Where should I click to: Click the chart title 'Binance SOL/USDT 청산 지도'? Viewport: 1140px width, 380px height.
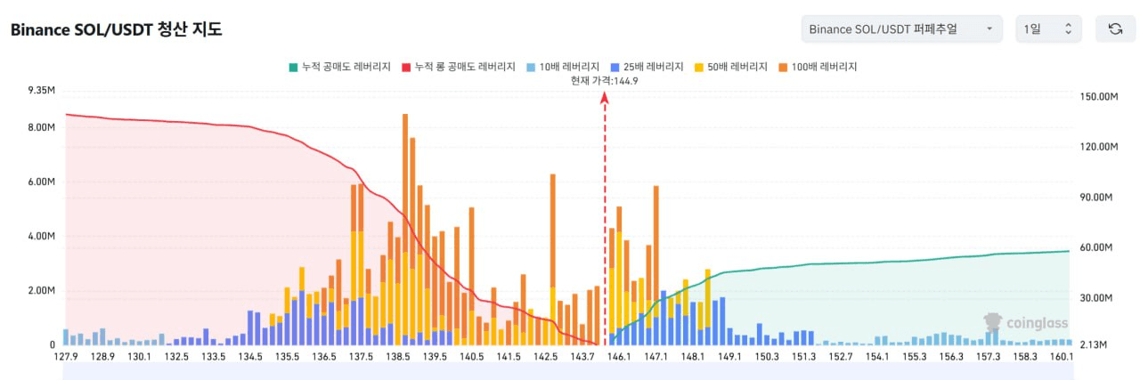pyautogui.click(x=116, y=29)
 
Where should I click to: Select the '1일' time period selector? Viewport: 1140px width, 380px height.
pyautogui.click(x=1048, y=29)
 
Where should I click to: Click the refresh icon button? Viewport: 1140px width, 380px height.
pyautogui.click(x=1115, y=29)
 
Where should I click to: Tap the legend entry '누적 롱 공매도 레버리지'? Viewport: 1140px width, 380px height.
pyautogui.click(x=459, y=67)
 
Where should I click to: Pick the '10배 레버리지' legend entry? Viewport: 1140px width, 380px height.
pyautogui.click(x=562, y=67)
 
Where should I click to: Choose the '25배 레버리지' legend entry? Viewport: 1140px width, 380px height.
pyautogui.click(x=647, y=67)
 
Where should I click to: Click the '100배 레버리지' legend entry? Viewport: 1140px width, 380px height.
pyautogui.click(x=818, y=67)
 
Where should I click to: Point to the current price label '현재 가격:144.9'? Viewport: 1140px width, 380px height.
pyautogui.click(x=604, y=80)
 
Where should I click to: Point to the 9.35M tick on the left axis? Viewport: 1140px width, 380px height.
pyautogui.click(x=42, y=91)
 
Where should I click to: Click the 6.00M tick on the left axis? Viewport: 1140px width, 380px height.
pyautogui.click(x=42, y=182)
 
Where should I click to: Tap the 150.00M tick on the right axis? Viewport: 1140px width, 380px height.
pyautogui.click(x=1097, y=97)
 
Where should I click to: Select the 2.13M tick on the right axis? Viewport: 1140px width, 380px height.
pyautogui.click(x=1094, y=344)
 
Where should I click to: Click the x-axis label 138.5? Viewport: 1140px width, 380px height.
pyautogui.click(x=398, y=357)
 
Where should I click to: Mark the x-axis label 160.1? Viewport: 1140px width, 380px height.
pyautogui.click(x=1061, y=357)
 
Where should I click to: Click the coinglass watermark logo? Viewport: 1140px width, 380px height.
pyautogui.click(x=1025, y=323)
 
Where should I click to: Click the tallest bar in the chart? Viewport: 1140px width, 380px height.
pyautogui.click(x=405, y=222)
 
